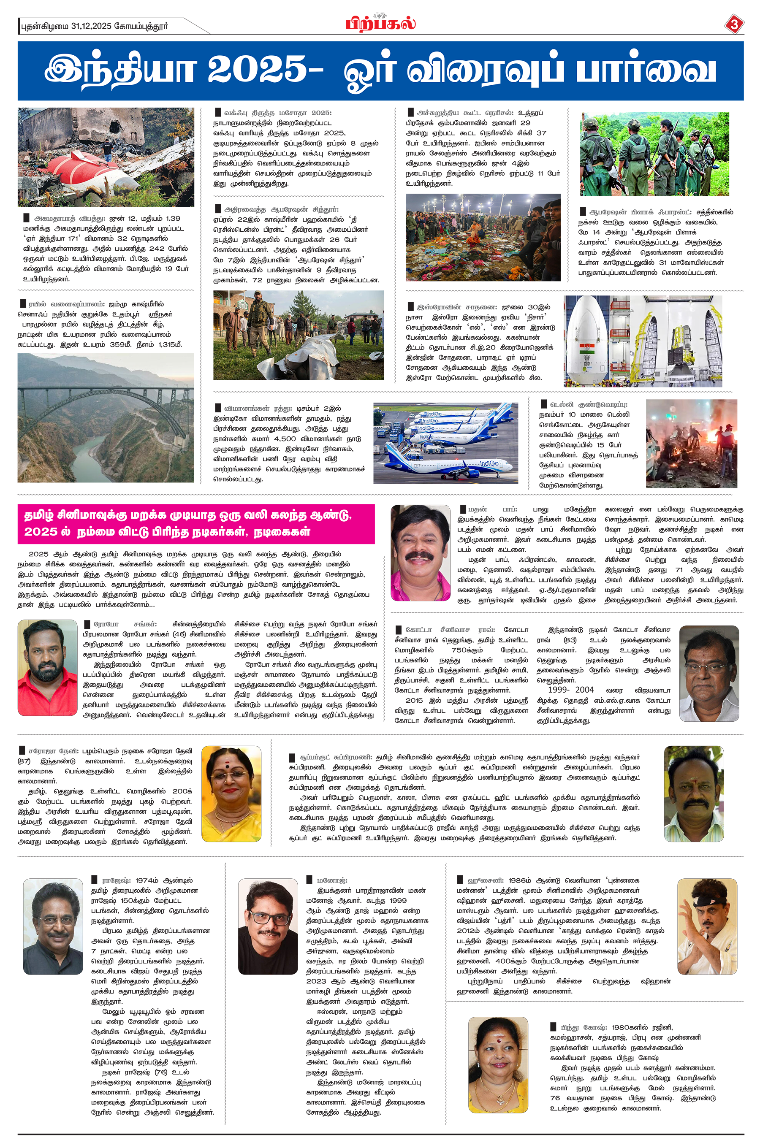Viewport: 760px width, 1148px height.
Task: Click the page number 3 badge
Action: pyautogui.click(x=733, y=24)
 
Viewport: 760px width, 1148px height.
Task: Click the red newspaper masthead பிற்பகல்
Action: pyautogui.click(x=380, y=23)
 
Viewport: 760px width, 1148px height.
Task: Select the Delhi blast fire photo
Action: pyautogui.click(x=691, y=443)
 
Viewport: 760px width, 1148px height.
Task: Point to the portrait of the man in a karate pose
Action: pyautogui.click(x=707, y=926)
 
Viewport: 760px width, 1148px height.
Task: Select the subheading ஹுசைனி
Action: pyautogui.click(x=478, y=880)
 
